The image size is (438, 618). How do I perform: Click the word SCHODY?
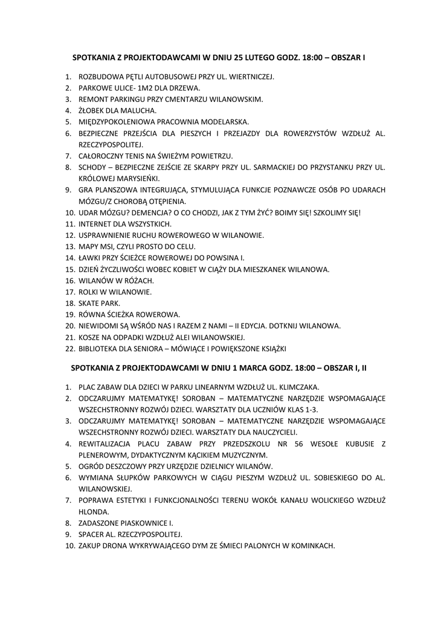[x=93, y=167]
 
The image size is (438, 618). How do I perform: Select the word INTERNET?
[x=97, y=224]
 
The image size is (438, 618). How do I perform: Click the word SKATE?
[x=89, y=303]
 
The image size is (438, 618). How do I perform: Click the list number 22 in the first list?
[x=68, y=348]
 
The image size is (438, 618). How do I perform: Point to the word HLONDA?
[x=94, y=511]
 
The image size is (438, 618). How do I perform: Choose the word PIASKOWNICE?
[x=144, y=523]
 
